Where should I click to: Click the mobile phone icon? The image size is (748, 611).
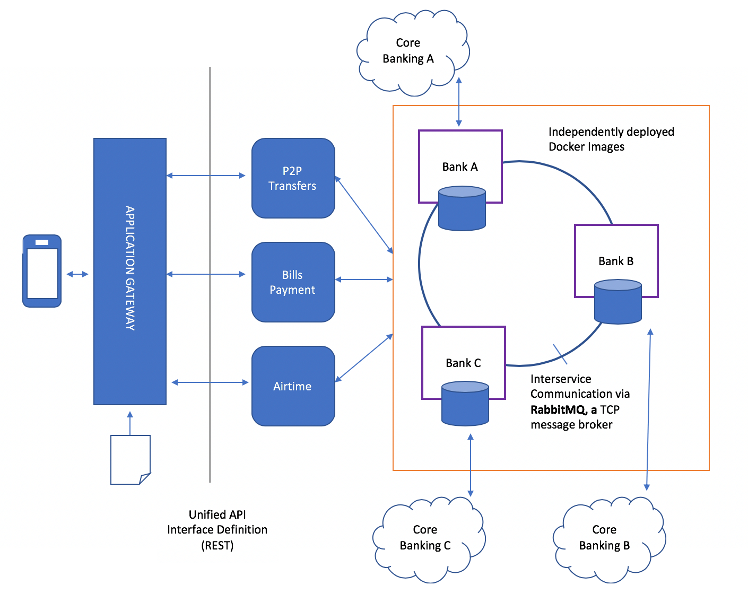42,271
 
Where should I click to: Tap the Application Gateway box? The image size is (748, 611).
130,271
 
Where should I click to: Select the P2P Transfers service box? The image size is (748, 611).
293,178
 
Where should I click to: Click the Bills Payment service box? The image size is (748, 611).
293,282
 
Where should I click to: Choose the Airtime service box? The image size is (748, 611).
293,386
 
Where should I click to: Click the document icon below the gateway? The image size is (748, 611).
130,459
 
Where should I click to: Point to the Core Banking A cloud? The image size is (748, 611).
409,52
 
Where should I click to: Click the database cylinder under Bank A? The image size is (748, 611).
462,208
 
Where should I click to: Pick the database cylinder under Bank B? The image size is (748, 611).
617,302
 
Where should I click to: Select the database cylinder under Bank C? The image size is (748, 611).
465,403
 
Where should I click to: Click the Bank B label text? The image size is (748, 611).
616,261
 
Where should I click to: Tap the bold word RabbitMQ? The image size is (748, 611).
558,409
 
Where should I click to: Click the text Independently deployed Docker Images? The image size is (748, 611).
611,139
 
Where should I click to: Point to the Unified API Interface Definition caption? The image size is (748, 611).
218,529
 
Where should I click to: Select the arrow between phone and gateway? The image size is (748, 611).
77,274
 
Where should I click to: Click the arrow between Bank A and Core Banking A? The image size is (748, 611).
459,102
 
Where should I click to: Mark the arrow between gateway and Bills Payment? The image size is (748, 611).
206,274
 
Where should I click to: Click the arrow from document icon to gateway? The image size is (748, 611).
130,423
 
